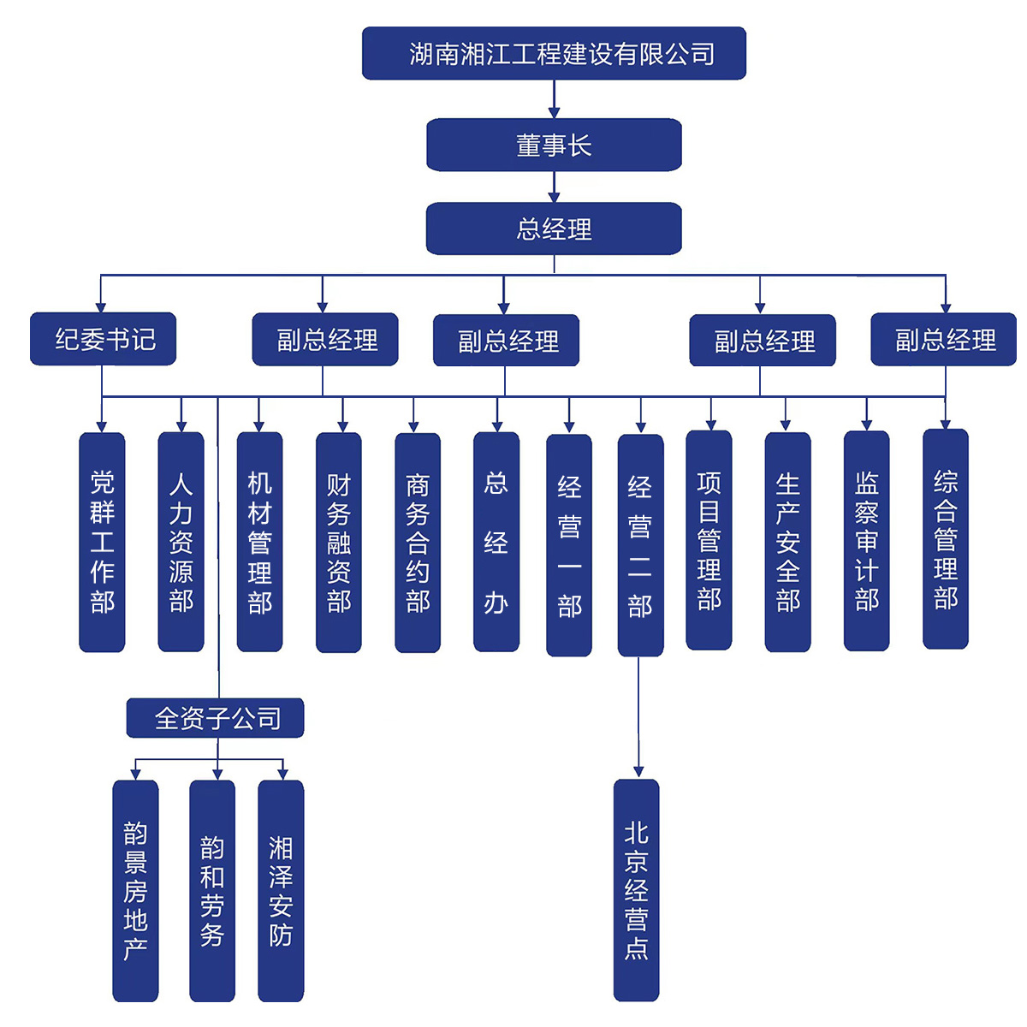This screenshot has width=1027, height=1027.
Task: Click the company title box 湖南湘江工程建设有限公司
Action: coord(554,54)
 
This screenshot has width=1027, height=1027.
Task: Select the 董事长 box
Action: coord(554,145)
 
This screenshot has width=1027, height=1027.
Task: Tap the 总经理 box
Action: coord(554,229)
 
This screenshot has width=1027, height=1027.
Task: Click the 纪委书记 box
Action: coord(104,340)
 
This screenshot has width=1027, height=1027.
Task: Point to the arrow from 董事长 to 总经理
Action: coord(554,187)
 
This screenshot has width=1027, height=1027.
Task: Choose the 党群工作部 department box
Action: coord(102,542)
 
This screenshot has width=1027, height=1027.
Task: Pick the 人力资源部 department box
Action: coord(181,542)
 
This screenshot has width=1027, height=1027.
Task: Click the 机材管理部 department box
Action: coord(259,542)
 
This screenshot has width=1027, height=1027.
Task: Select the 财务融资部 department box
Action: coord(339,543)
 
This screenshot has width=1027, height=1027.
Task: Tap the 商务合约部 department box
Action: coord(418,543)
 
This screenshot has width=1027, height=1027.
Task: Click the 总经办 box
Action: coord(496,542)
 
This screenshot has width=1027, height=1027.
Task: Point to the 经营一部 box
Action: coord(569,545)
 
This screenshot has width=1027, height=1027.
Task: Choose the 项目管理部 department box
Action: coord(709,540)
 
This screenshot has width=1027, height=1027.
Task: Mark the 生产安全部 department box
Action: coord(787,542)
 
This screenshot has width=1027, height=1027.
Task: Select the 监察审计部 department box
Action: coord(866,541)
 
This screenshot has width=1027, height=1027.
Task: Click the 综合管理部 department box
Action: coord(946,539)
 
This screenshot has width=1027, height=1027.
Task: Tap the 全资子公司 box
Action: coord(216,718)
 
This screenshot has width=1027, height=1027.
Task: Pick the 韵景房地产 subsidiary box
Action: coord(135,890)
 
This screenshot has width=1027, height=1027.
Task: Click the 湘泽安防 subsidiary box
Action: coord(281,890)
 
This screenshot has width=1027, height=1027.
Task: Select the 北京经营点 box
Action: coord(636,890)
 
